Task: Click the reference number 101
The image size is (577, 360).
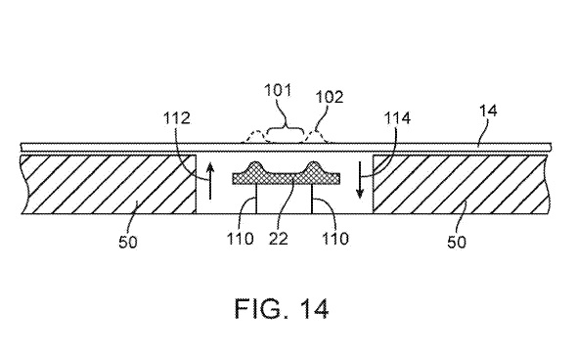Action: [x=278, y=90]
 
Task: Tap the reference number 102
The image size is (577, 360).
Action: [x=330, y=97]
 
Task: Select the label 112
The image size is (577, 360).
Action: [x=177, y=118]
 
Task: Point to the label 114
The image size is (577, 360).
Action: [x=397, y=118]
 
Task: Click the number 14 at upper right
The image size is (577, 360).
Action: [x=488, y=111]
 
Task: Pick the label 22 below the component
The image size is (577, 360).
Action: [x=278, y=239]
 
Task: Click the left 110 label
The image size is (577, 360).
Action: [x=240, y=239]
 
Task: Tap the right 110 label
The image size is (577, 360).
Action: [x=335, y=239]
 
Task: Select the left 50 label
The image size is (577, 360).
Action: [x=128, y=242]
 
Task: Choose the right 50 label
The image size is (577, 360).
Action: [x=457, y=242]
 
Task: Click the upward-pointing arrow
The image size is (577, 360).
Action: [x=209, y=181]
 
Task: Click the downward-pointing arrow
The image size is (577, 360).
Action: [x=360, y=181]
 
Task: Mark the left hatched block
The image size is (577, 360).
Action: [x=109, y=184]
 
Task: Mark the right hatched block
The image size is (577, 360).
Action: [x=462, y=184]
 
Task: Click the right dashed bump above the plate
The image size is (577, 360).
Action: [x=315, y=137]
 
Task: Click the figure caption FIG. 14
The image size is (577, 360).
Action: [x=282, y=308]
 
